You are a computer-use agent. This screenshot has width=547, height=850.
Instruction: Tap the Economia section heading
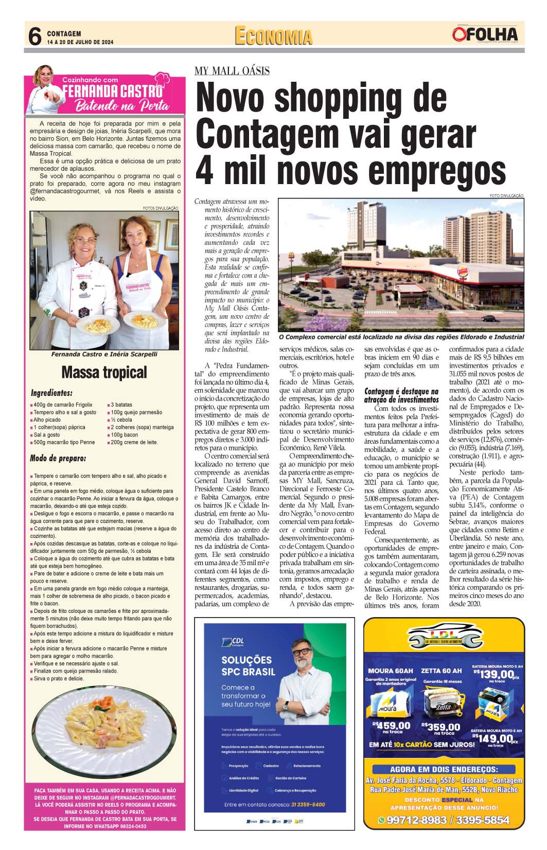coord(274,37)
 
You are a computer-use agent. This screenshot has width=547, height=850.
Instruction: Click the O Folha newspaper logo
coord(485,34)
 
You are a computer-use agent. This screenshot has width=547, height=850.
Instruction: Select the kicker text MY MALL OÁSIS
coord(232,71)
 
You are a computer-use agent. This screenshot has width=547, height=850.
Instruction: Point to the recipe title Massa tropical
coord(104,372)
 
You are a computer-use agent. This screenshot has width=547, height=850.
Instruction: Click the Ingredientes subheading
coord(51,393)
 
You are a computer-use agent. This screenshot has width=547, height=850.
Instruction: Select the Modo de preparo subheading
coord(58,458)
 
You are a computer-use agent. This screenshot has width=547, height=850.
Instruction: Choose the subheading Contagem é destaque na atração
coord(401,395)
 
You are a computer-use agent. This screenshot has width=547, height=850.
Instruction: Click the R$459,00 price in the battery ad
coord(394,727)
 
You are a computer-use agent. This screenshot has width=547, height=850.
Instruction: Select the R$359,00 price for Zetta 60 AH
coord(441,727)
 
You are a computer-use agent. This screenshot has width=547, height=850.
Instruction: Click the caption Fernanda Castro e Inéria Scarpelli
coord(104,354)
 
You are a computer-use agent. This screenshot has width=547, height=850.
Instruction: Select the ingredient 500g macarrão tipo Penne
coord(64,442)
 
